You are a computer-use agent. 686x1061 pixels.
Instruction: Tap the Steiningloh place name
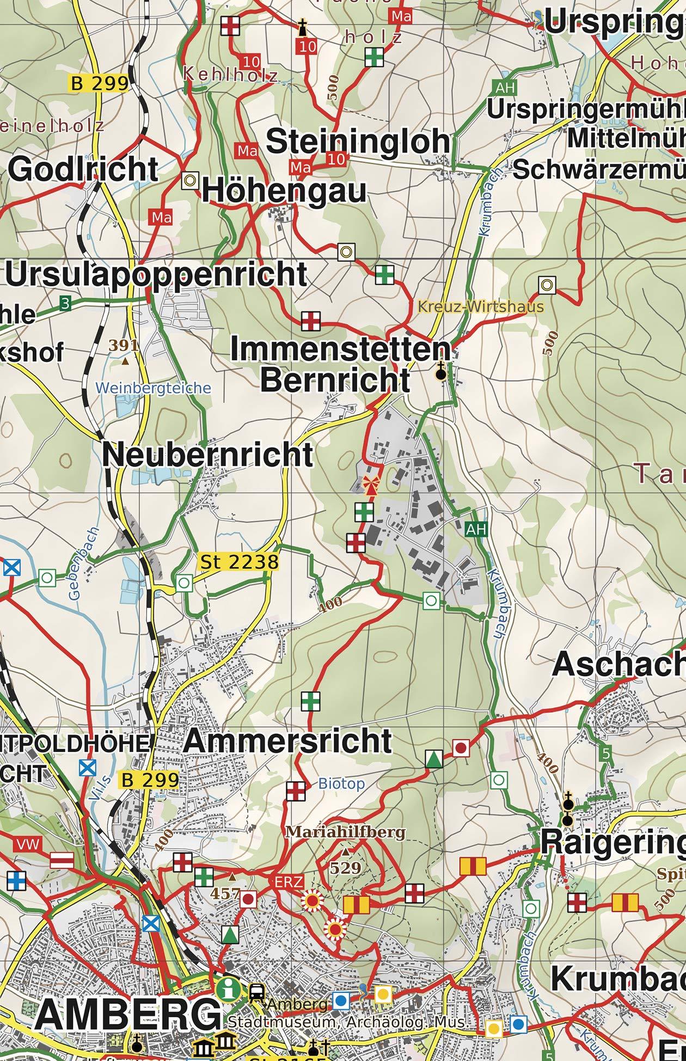(x=358, y=142)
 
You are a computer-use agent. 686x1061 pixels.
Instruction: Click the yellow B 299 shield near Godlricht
(x=100, y=83)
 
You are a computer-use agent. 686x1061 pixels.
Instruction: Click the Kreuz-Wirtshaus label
(x=481, y=306)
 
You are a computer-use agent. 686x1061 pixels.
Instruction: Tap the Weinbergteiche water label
(x=152, y=388)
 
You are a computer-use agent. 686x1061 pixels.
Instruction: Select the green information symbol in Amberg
(x=228, y=989)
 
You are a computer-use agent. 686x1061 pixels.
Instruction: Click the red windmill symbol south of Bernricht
(x=371, y=484)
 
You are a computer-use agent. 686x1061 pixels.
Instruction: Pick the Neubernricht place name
(x=207, y=455)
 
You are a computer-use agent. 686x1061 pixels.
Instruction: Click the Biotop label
(x=341, y=784)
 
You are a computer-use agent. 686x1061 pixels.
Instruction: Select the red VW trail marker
(x=29, y=844)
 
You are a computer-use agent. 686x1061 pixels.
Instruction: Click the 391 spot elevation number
(x=124, y=345)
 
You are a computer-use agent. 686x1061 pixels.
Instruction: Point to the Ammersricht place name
(x=287, y=741)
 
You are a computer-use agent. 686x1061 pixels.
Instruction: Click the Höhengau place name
(x=284, y=192)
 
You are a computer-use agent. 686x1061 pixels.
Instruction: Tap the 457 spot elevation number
(x=226, y=893)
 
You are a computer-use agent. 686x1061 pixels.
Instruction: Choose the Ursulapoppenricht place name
(x=156, y=274)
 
